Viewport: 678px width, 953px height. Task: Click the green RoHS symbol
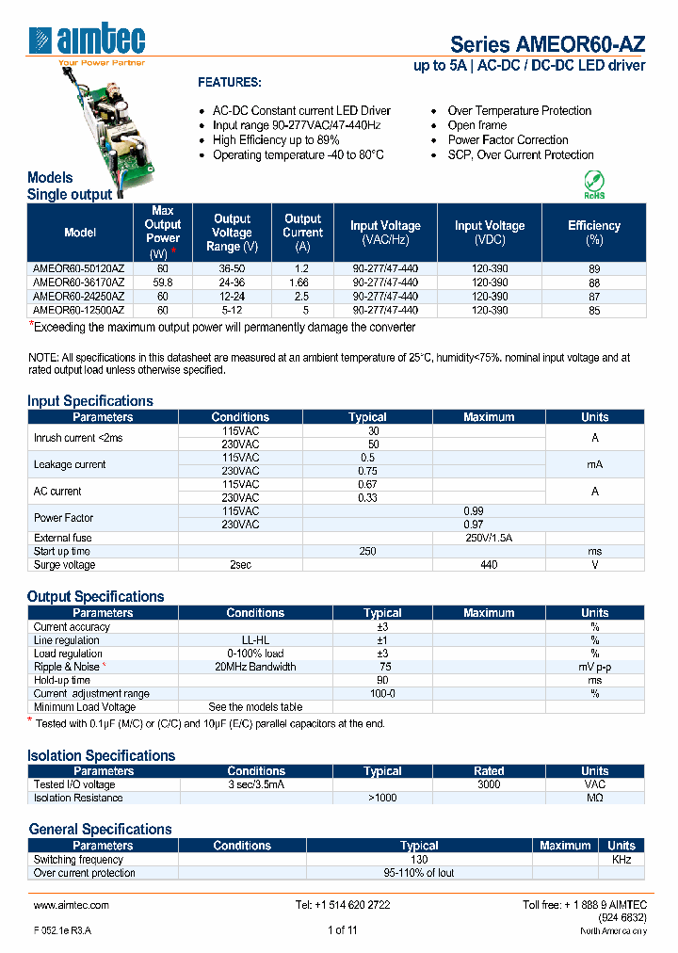tap(594, 184)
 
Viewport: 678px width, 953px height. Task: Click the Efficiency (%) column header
tap(594, 233)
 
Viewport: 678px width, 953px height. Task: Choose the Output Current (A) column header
tap(302, 233)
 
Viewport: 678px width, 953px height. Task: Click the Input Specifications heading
tap(90, 401)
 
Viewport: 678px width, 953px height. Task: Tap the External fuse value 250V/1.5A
tap(489, 538)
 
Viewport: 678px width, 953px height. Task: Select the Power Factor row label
tap(63, 518)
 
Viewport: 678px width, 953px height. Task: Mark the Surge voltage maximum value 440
tap(489, 565)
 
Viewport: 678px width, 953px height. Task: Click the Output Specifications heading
tap(96, 597)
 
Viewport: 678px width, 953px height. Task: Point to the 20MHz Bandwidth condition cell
tap(255, 667)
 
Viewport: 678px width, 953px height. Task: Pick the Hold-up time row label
tap(62, 680)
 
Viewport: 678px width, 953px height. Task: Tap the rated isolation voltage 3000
tap(489, 784)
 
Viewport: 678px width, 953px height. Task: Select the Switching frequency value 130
tap(419, 860)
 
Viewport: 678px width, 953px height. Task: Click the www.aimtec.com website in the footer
tap(72, 905)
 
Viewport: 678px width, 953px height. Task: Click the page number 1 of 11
tap(342, 930)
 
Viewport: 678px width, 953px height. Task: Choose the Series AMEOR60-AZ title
tap(548, 44)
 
